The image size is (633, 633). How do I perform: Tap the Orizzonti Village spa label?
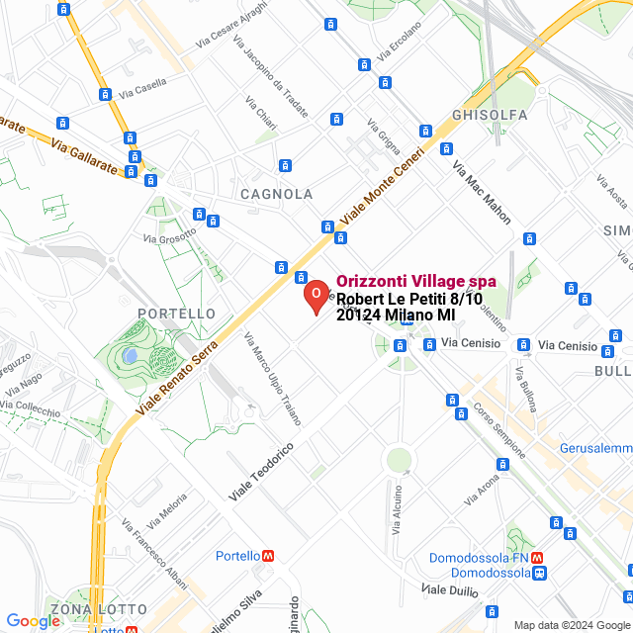[416, 282]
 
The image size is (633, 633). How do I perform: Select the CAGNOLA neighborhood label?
[277, 195]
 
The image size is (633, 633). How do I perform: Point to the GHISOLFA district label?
[490, 115]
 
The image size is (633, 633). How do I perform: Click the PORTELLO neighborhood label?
[177, 314]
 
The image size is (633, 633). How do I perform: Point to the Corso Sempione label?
[498, 428]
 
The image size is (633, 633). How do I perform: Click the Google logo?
[33, 621]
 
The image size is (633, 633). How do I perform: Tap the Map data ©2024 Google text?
[571, 624]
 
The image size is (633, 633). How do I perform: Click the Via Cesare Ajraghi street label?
[231, 29]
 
